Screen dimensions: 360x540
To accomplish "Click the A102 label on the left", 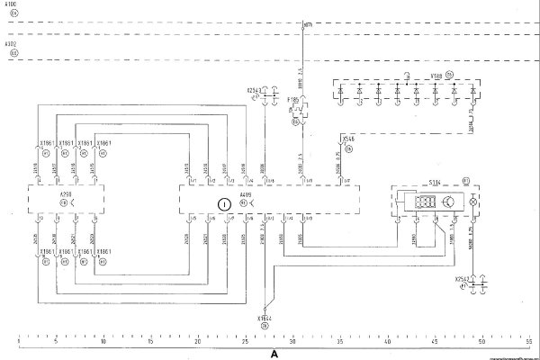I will click(11, 43).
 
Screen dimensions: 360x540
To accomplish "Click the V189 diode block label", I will click(436, 76).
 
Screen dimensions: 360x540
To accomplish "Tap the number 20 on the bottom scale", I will click(197, 343).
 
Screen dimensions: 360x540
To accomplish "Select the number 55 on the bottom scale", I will click(529, 343).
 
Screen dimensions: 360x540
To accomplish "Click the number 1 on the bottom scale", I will click(20, 343).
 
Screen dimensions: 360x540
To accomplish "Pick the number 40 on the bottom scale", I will click(387, 343).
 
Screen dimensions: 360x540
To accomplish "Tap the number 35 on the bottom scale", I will click(339, 343).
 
